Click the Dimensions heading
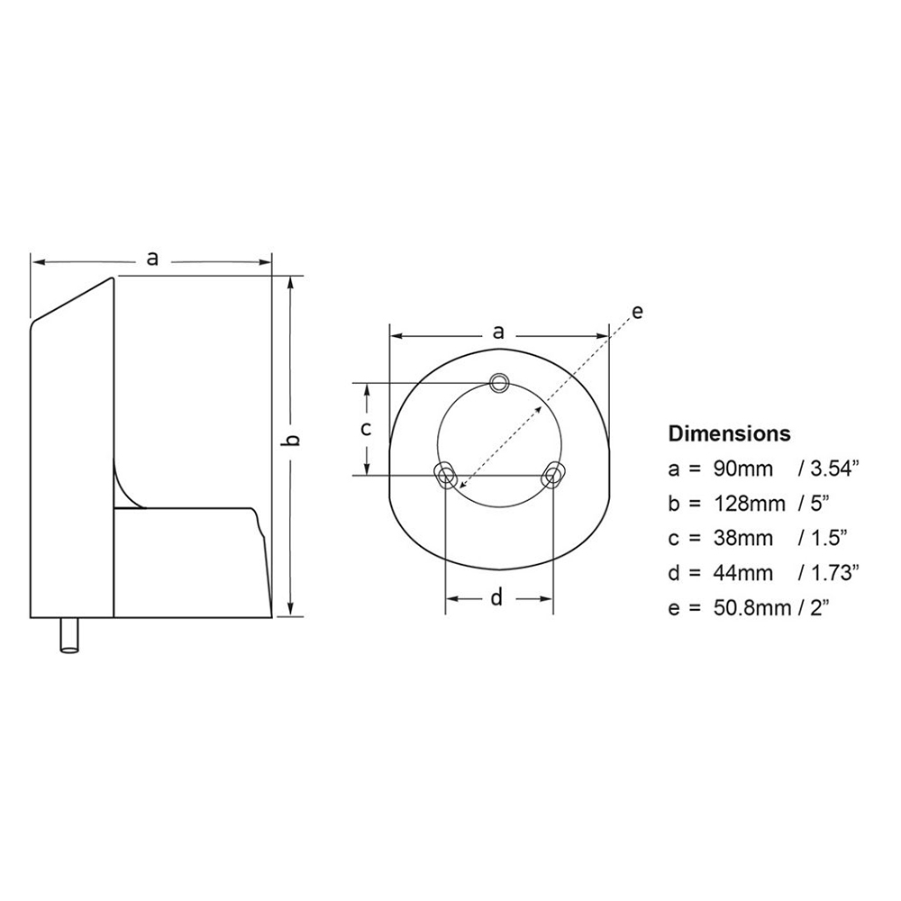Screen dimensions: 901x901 coord(729,433)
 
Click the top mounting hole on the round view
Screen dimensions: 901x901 coord(499,382)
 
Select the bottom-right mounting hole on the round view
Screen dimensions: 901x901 coord(553,474)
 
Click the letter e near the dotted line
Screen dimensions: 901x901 coord(636,313)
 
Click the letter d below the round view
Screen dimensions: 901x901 coord(496,598)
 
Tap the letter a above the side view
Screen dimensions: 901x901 coord(152,259)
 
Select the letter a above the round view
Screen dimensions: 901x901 coord(498,332)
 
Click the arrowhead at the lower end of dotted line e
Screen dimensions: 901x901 coord(462,487)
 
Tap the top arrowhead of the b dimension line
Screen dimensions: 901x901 coord(290,282)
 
